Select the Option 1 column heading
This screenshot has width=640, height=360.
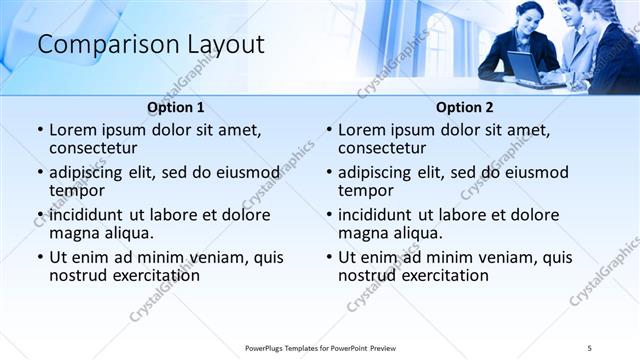(176, 107)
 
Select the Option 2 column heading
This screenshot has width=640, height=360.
(464, 107)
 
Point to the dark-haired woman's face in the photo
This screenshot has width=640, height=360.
(531, 17)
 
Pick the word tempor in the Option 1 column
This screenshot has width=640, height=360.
(77, 190)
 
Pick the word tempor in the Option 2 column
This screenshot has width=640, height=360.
(366, 190)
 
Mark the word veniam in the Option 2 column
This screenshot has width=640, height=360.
(484, 257)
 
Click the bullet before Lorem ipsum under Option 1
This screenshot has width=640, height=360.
(40, 131)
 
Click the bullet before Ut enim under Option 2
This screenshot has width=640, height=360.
(329, 257)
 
